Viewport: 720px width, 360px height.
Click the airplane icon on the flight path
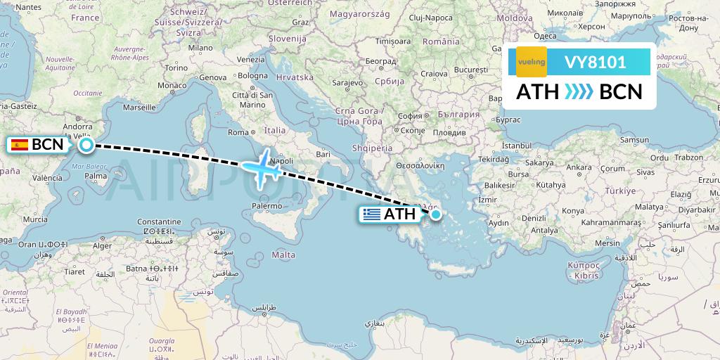pos(260,167)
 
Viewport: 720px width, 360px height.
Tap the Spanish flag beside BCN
pos(20,145)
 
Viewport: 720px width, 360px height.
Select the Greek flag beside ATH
pos(373,214)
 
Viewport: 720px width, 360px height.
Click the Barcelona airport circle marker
pos(86,145)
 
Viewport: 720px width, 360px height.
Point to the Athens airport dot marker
pos(436,214)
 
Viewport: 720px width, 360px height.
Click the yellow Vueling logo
pos(532,62)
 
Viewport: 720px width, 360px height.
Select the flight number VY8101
pos(595,62)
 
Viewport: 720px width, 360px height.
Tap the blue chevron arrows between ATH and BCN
pos(579,92)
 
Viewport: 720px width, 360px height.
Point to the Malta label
pos(283,255)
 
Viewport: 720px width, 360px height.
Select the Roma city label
pos(238,132)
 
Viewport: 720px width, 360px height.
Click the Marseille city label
pos(139,108)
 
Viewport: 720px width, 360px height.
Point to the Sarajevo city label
pos(346,82)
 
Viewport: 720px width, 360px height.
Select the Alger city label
pos(103,245)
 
